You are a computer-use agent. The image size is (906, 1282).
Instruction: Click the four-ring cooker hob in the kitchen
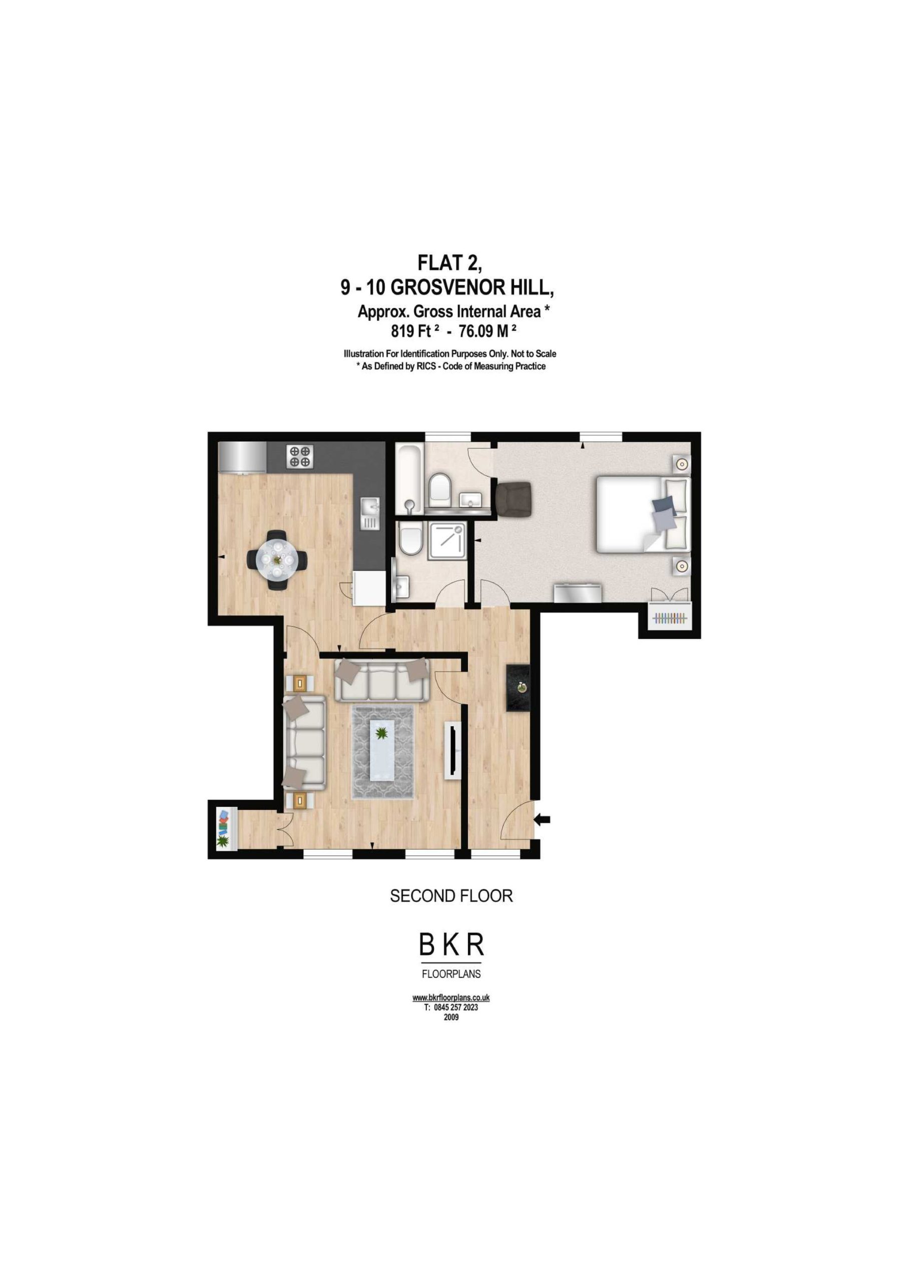click(300, 456)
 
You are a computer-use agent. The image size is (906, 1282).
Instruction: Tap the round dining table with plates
click(277, 559)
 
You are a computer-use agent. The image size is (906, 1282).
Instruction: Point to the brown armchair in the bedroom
click(514, 500)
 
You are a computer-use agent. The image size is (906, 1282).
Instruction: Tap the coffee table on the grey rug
click(382, 750)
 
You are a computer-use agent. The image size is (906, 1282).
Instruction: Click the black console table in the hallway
click(518, 688)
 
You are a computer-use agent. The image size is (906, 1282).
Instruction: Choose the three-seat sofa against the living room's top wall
click(382, 680)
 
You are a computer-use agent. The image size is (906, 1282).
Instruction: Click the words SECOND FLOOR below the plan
click(451, 896)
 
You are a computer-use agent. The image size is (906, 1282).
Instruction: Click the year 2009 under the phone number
click(451, 1017)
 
